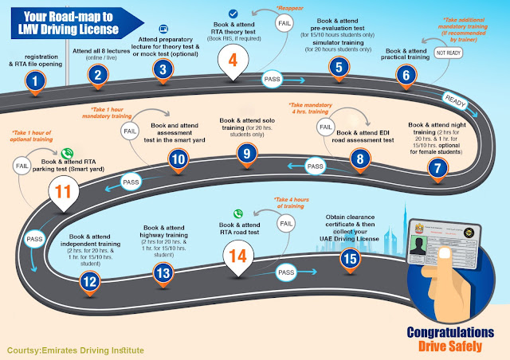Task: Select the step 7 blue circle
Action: (436, 167)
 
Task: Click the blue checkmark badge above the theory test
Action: (233, 14)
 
